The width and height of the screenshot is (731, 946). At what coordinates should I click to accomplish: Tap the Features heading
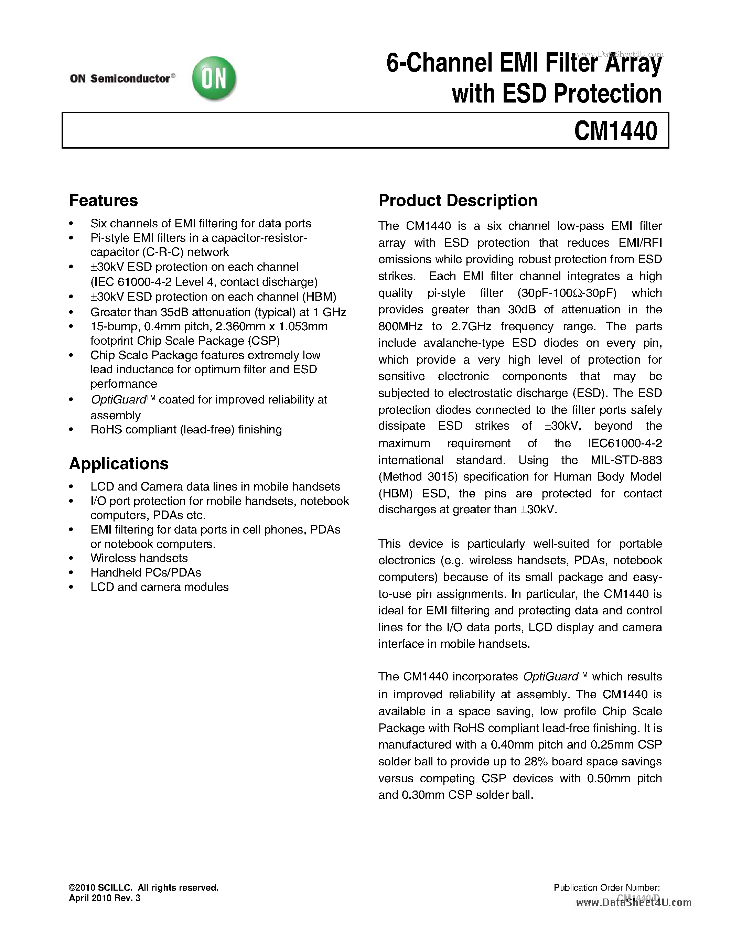104,201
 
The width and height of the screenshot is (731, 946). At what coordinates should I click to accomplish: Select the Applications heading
119,463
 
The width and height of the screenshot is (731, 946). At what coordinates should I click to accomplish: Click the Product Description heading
458,201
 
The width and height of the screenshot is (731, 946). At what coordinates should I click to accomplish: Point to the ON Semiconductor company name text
120,78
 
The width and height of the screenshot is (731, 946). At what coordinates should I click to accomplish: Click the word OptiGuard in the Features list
118,399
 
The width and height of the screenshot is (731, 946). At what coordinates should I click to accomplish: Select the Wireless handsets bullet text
139,558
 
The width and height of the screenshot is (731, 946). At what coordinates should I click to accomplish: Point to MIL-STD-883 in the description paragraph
626,460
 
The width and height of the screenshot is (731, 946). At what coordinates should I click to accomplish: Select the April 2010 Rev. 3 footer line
105,898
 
